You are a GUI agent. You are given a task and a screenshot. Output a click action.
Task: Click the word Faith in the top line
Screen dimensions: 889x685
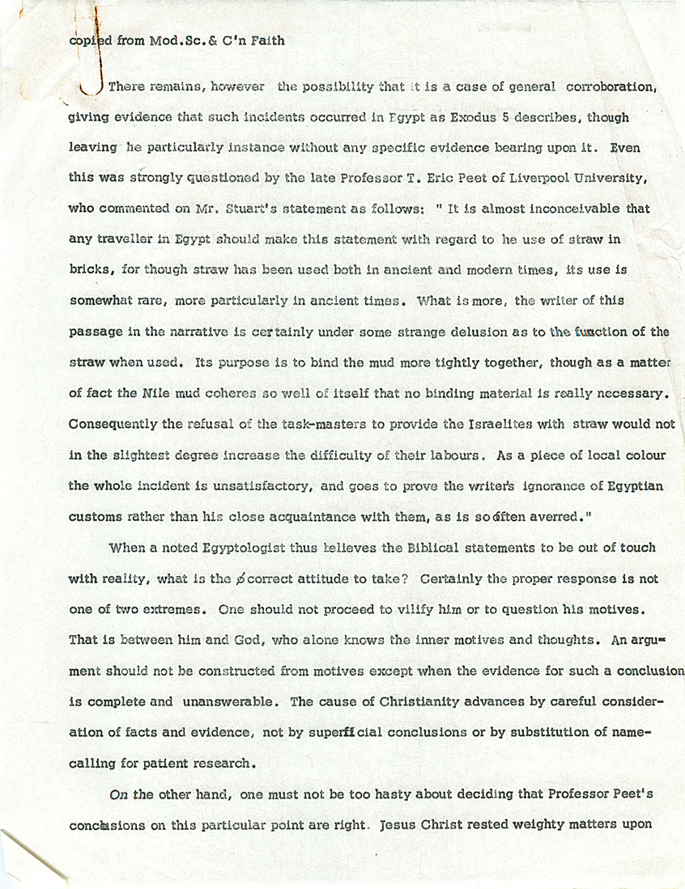tap(266, 40)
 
